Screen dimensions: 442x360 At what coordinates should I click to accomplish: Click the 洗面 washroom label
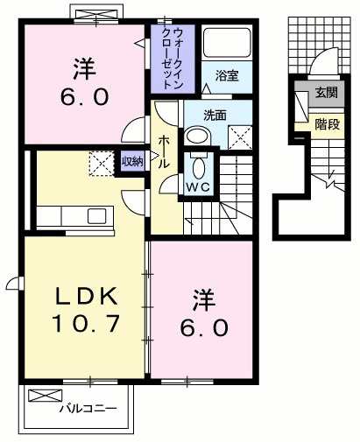(215, 114)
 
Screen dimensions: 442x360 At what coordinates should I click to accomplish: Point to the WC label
(197, 186)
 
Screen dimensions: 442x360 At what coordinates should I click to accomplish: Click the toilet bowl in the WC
(197, 166)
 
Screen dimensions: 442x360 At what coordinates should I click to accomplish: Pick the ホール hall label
(163, 150)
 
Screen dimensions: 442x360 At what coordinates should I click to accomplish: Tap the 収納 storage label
(132, 160)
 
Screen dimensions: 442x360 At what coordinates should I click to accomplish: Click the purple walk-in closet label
(173, 59)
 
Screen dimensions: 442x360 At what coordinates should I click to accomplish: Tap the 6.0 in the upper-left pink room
(84, 97)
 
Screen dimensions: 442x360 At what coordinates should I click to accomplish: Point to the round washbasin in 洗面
(198, 135)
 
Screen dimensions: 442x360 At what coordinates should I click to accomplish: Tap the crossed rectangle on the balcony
(46, 395)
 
